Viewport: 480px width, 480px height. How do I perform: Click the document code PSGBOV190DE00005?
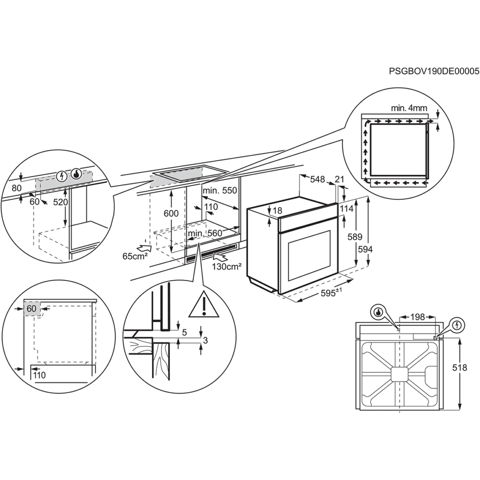coord(434,71)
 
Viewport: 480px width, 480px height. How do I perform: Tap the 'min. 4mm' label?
coord(409,108)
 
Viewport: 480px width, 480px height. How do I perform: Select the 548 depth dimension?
coord(317,179)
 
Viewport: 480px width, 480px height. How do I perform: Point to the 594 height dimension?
coord(365,250)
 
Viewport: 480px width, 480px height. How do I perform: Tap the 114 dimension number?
coord(346,209)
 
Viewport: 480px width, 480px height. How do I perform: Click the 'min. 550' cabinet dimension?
coord(220,191)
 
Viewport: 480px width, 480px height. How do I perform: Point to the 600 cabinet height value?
coord(171,213)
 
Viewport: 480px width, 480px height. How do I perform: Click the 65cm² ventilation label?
coord(135,256)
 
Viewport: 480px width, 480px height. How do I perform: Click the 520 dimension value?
coord(60,202)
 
